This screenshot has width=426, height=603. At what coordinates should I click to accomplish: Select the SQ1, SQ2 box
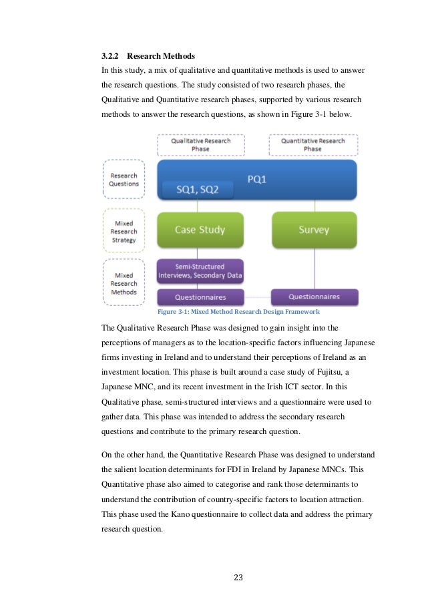[x=196, y=190]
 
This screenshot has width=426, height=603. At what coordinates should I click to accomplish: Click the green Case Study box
[x=200, y=230]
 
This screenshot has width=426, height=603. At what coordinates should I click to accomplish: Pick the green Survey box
[x=314, y=230]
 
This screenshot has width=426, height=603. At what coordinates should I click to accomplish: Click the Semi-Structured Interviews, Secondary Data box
[x=200, y=270]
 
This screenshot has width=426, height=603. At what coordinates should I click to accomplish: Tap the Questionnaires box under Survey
[x=314, y=296]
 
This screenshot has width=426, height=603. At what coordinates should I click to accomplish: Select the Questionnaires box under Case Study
[x=200, y=297]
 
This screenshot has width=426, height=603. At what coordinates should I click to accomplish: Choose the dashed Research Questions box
[x=124, y=180]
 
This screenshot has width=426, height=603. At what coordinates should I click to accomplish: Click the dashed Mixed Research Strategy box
[x=124, y=232]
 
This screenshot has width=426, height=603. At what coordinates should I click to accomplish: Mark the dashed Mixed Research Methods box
[x=124, y=283]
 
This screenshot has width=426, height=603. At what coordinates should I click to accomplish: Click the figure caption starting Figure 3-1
[x=238, y=312]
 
